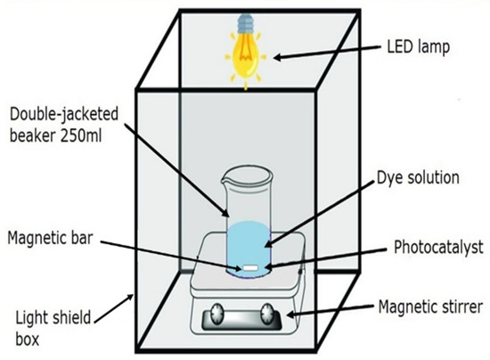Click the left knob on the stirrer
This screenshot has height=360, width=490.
pyautogui.click(x=216, y=313)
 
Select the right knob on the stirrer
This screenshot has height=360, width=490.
pyautogui.click(x=267, y=313)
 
